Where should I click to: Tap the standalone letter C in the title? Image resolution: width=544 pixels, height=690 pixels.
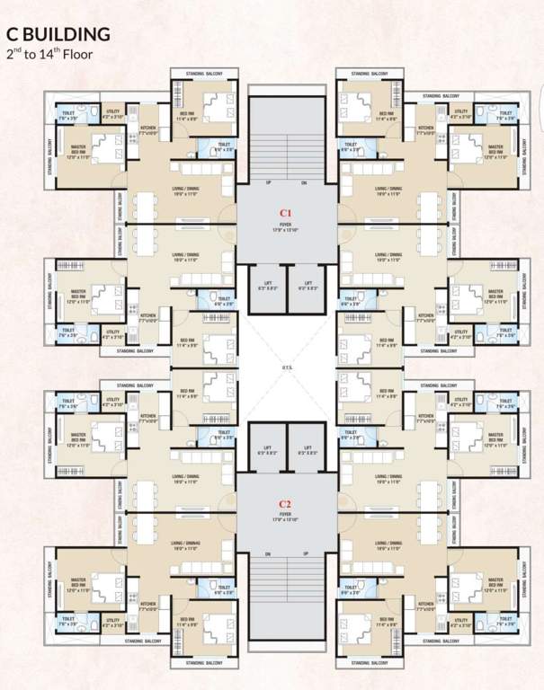click(13, 34)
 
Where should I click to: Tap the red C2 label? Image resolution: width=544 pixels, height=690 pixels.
click(284, 503)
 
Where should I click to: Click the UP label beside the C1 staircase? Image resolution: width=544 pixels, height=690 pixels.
click(268, 182)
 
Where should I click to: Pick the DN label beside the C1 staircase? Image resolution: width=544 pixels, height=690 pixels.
click(304, 182)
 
